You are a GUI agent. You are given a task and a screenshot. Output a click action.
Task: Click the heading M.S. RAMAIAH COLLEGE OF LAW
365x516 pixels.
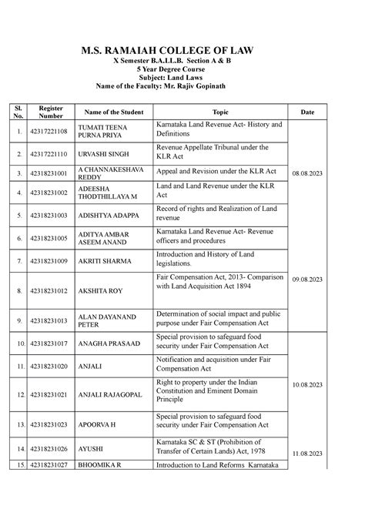coord(182,51)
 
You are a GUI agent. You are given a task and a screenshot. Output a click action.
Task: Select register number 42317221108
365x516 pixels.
coord(52,130)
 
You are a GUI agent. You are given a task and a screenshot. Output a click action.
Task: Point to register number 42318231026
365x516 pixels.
coord(52,448)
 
